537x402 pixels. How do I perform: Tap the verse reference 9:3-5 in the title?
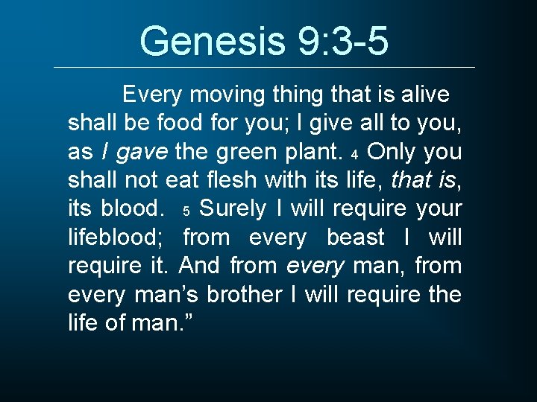click(x=343, y=41)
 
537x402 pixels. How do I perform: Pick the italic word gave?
click(x=143, y=152)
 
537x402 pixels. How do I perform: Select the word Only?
click(x=392, y=151)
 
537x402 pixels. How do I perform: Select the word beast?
click(x=356, y=237)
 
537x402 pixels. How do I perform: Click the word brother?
click(x=243, y=294)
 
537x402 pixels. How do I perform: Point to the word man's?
click(x=167, y=294)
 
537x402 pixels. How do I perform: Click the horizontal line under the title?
click(x=265, y=68)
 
